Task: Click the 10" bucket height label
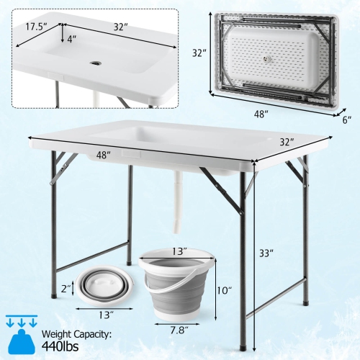coord(224,291)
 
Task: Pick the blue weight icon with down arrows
coord(20,332)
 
